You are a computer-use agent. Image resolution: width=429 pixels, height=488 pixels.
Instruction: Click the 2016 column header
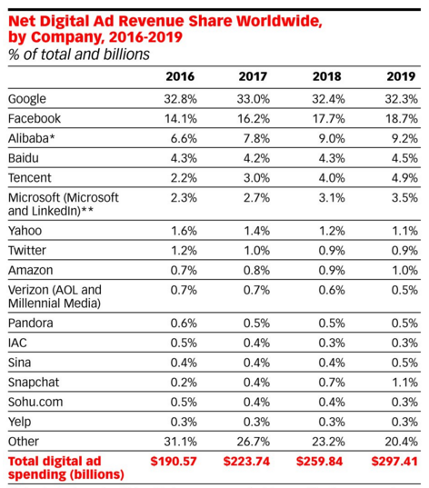(180, 76)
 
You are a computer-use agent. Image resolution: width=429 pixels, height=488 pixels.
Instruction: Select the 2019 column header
(401, 76)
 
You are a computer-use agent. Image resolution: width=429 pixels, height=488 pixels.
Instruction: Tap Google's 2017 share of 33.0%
(253, 99)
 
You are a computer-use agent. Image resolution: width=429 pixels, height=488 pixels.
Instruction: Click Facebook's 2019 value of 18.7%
(402, 119)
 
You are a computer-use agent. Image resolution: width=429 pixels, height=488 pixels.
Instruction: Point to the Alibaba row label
(32, 138)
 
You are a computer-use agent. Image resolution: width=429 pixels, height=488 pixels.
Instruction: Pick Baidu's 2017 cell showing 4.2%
(256, 158)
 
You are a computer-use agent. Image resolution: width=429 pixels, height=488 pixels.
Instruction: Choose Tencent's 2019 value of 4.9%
(404, 178)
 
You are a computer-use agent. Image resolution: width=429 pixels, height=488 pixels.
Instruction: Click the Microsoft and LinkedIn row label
(64, 204)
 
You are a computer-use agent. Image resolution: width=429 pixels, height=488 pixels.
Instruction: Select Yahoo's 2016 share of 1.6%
(184, 231)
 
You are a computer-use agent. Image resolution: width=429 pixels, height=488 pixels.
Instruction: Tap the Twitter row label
(27, 251)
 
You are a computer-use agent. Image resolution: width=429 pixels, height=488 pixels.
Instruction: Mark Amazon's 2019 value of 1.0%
(404, 271)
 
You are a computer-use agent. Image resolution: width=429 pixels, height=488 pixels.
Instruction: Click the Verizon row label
(55, 296)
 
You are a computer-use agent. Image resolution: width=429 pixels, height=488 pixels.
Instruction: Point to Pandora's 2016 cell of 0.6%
(184, 324)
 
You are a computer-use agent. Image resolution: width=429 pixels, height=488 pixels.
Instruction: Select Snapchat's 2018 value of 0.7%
(332, 383)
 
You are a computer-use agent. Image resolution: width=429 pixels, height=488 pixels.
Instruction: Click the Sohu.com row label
(35, 402)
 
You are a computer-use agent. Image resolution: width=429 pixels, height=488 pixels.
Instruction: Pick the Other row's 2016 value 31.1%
(180, 442)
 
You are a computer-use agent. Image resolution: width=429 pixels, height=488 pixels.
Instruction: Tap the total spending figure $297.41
(394, 462)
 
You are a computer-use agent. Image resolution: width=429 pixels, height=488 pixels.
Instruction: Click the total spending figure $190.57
(174, 462)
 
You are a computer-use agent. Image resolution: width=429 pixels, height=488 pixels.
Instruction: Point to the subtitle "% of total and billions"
(79, 55)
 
